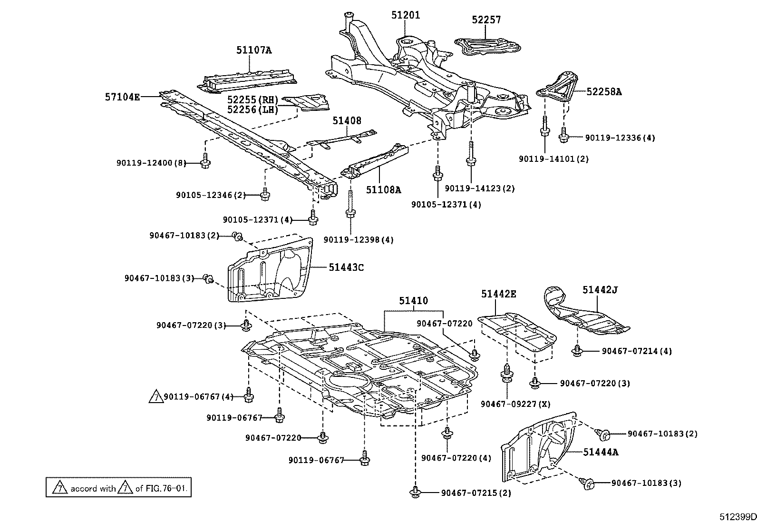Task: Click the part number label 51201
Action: [x=406, y=15]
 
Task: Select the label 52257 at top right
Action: [x=486, y=20]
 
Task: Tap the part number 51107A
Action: [x=254, y=50]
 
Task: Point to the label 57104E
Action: [x=123, y=97]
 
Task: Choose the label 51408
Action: [x=347, y=121]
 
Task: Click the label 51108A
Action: [x=383, y=190]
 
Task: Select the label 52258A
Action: [x=603, y=91]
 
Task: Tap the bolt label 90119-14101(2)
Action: [x=553, y=159]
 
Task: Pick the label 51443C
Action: [x=346, y=267]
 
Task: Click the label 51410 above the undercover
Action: [x=413, y=301]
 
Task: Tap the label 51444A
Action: [x=601, y=452]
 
